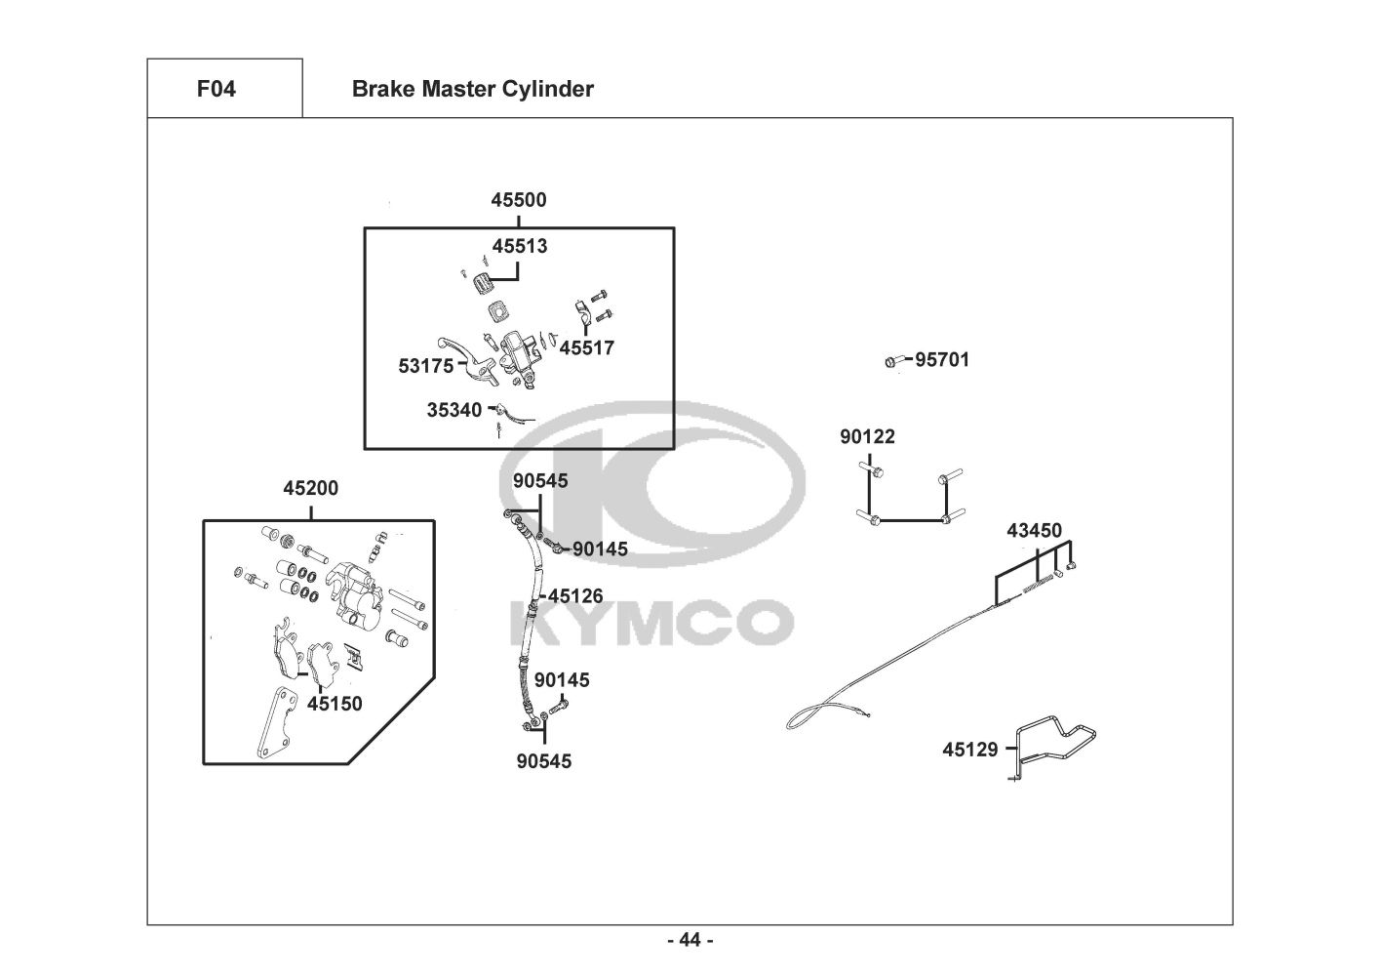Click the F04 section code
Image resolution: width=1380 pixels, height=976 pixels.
coord(216,89)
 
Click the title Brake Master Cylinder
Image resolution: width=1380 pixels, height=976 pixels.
coord(472,89)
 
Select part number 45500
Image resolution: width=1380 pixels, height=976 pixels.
coord(518,200)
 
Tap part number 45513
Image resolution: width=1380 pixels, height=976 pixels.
coord(520,246)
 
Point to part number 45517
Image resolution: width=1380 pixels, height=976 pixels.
coord(587,347)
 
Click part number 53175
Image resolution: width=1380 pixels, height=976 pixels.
coord(426,366)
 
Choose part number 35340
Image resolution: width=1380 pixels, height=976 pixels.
coord(454,410)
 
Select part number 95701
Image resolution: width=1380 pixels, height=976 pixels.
coord(942,359)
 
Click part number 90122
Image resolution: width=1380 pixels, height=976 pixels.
coord(867,436)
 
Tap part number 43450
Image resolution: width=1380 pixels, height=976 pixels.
coord(1034,531)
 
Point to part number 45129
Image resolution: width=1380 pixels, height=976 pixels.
coord(970,750)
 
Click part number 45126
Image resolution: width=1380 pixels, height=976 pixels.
coord(575,595)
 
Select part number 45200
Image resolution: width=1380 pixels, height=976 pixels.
coord(311,488)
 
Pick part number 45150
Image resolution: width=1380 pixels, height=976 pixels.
coord(335,703)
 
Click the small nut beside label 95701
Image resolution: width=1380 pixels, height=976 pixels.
coord(890,362)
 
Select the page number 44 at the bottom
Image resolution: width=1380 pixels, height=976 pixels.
coord(690,940)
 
